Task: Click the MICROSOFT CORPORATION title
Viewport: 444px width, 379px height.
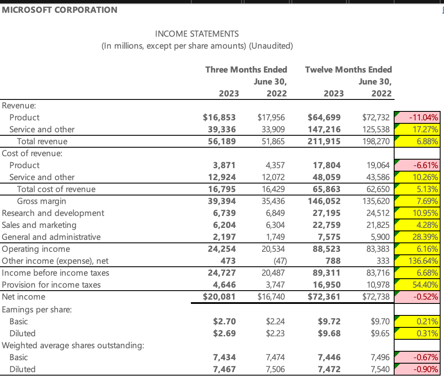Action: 60,10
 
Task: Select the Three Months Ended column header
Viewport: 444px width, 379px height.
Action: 246,69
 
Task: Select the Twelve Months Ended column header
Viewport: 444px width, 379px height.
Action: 349,69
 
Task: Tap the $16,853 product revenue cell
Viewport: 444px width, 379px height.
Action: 219,117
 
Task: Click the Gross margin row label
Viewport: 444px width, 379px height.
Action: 41,201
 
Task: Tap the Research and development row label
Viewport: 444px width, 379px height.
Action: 53,213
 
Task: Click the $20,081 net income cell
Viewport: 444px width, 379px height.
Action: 219,297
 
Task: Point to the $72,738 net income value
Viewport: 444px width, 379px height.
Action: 375,297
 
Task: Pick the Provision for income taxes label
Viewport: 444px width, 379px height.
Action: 51,285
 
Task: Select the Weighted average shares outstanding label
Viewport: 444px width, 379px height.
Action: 72,345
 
